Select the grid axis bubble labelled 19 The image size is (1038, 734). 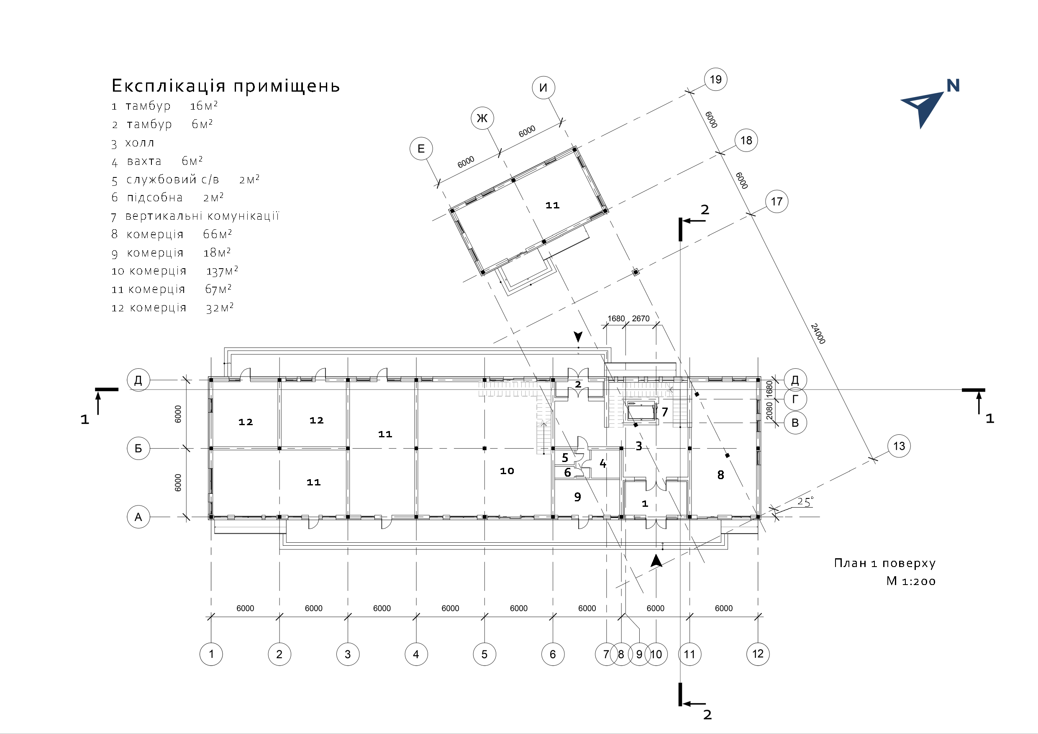pos(715,80)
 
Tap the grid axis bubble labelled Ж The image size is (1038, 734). pos(482,118)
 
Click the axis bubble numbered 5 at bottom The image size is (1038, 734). pos(484,654)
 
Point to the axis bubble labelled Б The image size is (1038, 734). pos(138,448)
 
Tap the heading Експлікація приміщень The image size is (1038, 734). pos(226,86)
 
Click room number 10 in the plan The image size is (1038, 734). pos(507,471)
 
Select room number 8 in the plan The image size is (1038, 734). pos(720,475)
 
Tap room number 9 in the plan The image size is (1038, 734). pos(577,497)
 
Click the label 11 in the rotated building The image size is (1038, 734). pos(552,205)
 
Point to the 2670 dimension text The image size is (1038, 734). pos(641,318)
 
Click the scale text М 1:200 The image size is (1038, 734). pos(910,581)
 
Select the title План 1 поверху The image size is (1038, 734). pos(884,563)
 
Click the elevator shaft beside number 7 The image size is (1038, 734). pos(641,412)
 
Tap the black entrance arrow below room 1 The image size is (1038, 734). pos(656,561)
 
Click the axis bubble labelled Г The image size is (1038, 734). pos(795,399)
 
